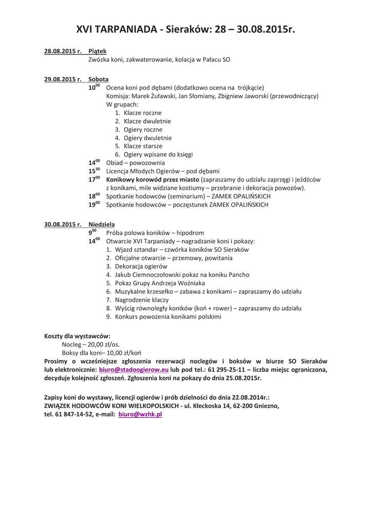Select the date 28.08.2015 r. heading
click(x=63, y=51)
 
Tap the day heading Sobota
click(x=98, y=79)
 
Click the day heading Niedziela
click(x=102, y=224)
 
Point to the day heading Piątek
click(x=97, y=51)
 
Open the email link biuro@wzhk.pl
click(x=140, y=414)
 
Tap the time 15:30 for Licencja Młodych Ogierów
click(x=94, y=171)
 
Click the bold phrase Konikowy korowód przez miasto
click(x=153, y=179)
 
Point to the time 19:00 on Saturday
click(x=94, y=205)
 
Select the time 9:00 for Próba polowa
click(x=93, y=232)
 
